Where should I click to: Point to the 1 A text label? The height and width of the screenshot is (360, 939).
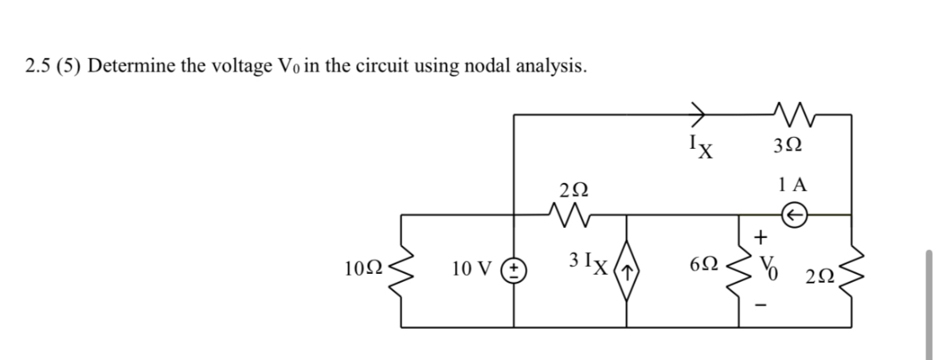793,185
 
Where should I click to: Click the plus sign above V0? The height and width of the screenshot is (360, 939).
761,237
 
